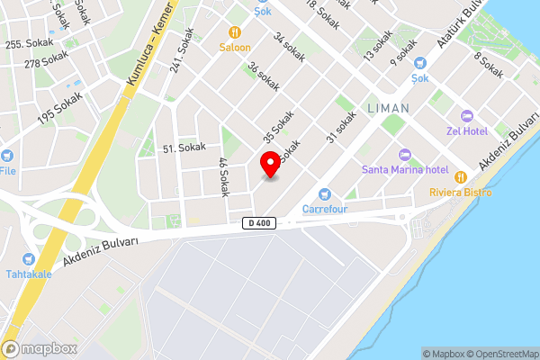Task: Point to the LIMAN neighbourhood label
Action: (388, 107)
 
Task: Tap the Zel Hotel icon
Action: (466, 116)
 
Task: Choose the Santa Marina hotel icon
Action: (404, 155)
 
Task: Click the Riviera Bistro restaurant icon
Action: (462, 176)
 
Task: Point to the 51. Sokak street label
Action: (184, 147)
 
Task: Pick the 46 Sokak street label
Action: (224, 176)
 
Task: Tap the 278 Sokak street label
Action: (46, 60)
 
